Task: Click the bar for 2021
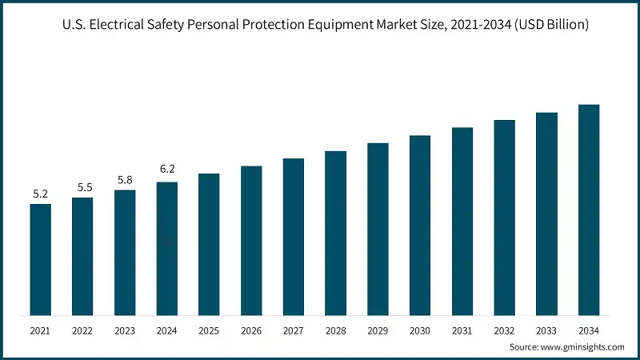(x=41, y=259)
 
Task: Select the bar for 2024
(x=167, y=248)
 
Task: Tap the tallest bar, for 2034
(x=589, y=210)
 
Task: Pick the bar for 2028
(x=335, y=233)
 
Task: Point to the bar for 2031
(x=462, y=221)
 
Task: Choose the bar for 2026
(x=251, y=240)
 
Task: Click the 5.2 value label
(x=41, y=194)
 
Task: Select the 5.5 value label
(x=83, y=187)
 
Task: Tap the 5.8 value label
(x=125, y=180)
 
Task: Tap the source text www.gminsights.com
(x=582, y=347)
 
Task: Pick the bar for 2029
(x=378, y=229)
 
